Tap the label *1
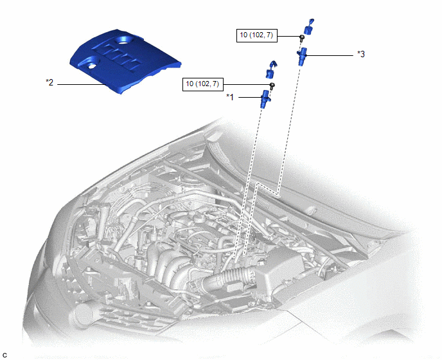click(x=230, y=97)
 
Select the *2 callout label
click(x=49, y=83)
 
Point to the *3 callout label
click(x=361, y=54)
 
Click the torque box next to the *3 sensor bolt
click(x=257, y=35)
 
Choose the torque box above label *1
click(x=202, y=84)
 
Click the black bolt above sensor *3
click(x=302, y=38)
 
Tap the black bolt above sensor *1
click(x=272, y=86)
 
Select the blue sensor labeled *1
click(x=265, y=99)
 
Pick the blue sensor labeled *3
click(x=302, y=56)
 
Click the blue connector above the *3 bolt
click(x=308, y=27)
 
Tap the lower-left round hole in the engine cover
click(x=91, y=66)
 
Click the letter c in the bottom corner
click(x=4, y=355)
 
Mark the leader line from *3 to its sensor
click(x=329, y=55)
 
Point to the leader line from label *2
click(x=82, y=84)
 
